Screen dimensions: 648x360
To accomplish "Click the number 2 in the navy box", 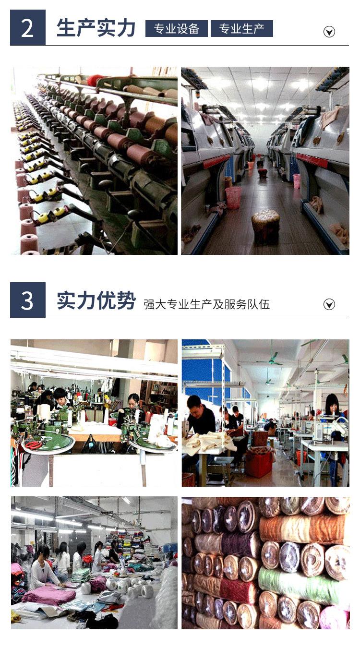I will pyautogui.click(x=27, y=28).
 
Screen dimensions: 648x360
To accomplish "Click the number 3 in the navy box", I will pyautogui.click(x=27, y=300).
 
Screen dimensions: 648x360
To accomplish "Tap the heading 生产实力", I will pyautogui.click(x=96, y=28).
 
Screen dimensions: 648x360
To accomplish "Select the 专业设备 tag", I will pyautogui.click(x=176, y=29).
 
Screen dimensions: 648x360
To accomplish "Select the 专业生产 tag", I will pyautogui.click(x=241, y=29).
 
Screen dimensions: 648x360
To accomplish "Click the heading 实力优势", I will pyautogui.click(x=96, y=300).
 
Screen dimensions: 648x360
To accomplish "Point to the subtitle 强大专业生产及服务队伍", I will pyautogui.click(x=206, y=304).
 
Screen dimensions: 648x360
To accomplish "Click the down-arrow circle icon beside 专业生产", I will pyautogui.click(x=329, y=32).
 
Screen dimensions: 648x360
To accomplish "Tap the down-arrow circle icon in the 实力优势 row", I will pyautogui.click(x=329, y=304).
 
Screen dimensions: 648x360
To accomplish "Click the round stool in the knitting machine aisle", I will pyautogui.click(x=265, y=226).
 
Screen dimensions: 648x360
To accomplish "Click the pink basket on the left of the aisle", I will pyautogui.click(x=233, y=197).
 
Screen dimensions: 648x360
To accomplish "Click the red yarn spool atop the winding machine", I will pyautogui.click(x=96, y=80).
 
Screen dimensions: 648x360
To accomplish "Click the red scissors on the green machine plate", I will pyautogui.click(x=34, y=444).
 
